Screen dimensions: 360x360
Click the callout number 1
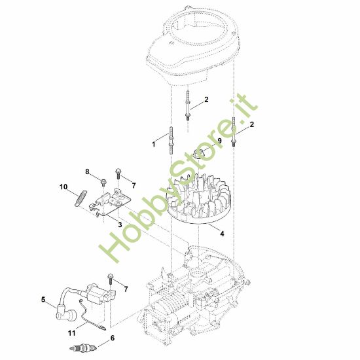[154, 143]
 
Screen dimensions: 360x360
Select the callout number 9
[219, 141]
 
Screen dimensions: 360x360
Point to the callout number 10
[64, 187]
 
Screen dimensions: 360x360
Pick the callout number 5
[44, 300]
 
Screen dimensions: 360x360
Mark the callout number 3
[120, 224]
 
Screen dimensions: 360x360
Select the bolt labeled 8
[103, 180]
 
